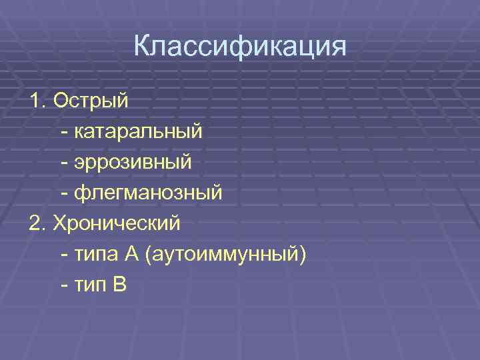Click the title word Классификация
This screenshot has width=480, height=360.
tap(240, 47)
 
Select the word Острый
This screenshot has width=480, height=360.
tap(91, 101)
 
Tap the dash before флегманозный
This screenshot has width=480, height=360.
tap(63, 194)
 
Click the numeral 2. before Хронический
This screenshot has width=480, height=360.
tap(37, 223)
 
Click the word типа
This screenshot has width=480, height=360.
tap(97, 255)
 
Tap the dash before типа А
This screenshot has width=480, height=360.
tap(63, 255)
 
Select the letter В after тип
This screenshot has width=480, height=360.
tap(120, 284)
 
